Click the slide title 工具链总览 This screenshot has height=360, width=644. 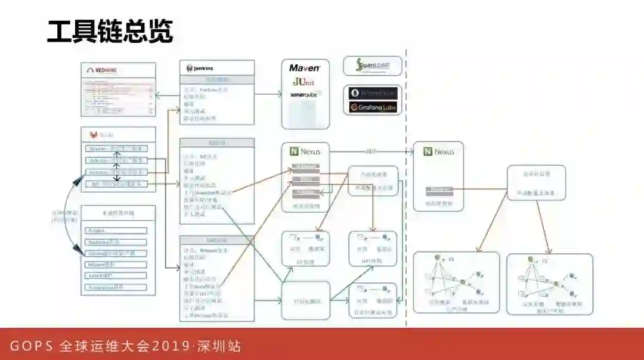(110, 32)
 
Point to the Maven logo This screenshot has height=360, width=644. (305, 68)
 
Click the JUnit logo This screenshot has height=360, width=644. (304, 82)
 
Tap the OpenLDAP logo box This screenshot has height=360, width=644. (373, 66)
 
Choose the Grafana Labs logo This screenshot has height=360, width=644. (373, 107)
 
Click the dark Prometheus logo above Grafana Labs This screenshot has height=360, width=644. (373, 93)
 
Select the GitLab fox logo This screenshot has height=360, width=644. (93, 135)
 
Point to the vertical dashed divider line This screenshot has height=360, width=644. (406, 179)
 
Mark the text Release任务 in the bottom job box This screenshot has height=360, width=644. (211, 250)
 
